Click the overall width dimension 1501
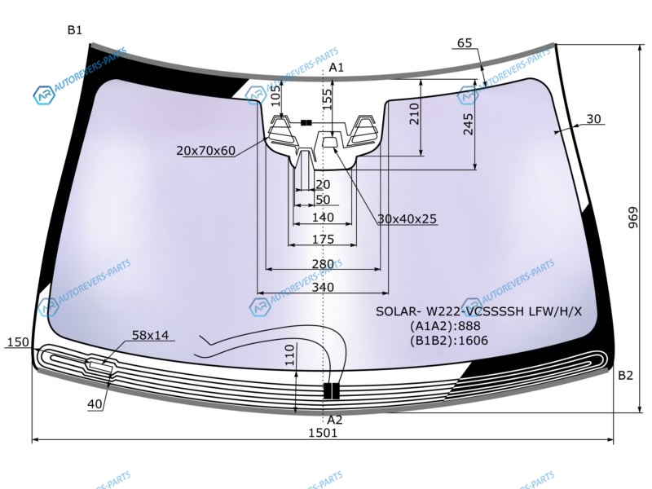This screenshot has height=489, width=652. [323, 433]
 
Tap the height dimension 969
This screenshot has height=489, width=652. [632, 218]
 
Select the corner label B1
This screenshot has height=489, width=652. [75, 30]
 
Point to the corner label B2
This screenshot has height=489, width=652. [625, 376]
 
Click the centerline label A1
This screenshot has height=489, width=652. [337, 68]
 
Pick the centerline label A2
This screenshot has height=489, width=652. [335, 420]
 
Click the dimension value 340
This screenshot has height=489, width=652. [323, 287]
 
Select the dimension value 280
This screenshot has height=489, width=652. [323, 263]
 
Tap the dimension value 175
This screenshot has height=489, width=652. [323, 239]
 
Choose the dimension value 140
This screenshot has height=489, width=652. [323, 217]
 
